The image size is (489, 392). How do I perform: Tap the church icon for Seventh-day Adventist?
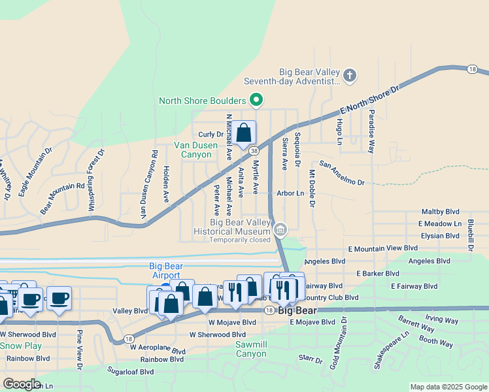(x=350, y=76)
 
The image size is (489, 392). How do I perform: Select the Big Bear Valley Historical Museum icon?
(x=280, y=229)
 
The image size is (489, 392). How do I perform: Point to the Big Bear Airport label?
(x=165, y=270)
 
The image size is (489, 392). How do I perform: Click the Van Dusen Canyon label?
(x=193, y=150)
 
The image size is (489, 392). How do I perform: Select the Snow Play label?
(x=21, y=346)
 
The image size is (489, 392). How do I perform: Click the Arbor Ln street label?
(x=291, y=193)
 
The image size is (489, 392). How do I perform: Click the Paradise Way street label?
(x=371, y=131)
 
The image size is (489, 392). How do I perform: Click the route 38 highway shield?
(x=254, y=150)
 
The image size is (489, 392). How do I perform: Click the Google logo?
(x=22, y=384)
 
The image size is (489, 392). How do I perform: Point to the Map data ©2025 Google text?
(x=448, y=387)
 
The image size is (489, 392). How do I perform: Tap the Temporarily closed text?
(x=240, y=240)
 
